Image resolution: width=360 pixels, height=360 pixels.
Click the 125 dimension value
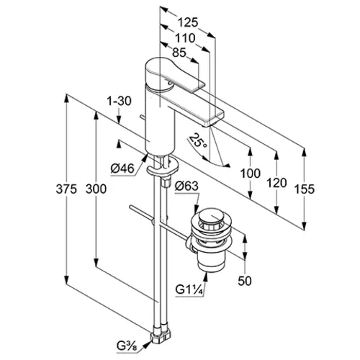[188, 22]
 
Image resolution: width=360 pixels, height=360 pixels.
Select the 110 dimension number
[185, 38]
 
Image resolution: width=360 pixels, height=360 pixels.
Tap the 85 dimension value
[179, 53]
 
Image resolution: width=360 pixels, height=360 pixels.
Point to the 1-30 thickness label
[119, 101]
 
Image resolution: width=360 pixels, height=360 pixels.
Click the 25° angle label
[198, 141]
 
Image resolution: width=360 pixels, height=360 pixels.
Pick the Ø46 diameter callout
[122, 168]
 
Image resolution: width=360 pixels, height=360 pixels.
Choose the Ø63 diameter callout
[186, 186]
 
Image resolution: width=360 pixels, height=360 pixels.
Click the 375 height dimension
[66, 189]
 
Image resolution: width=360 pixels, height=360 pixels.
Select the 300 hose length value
[96, 189]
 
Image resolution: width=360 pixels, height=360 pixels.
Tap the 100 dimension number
[251, 174]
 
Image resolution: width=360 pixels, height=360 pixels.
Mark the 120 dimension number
[277, 183]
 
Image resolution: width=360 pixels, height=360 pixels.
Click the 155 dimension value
[305, 189]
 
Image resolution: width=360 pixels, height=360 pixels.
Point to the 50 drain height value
[245, 281]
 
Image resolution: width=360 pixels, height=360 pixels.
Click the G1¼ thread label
[189, 289]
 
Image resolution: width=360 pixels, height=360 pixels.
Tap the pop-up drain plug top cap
[210, 217]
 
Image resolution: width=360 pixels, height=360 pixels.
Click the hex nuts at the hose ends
[161, 333]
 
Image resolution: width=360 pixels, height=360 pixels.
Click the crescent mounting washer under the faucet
[163, 166]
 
